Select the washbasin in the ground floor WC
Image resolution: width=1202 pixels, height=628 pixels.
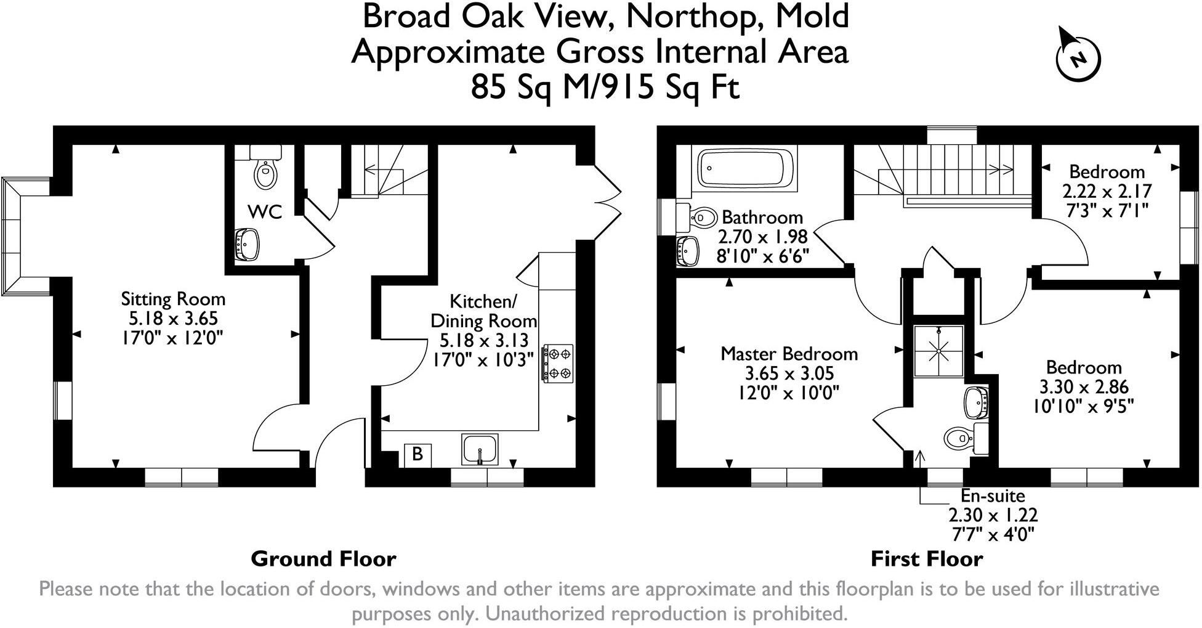[x=247, y=244]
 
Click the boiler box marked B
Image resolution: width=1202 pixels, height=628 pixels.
[x=417, y=455]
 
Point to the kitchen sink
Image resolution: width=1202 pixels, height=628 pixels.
[x=480, y=449]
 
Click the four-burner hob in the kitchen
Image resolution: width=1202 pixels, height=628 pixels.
[x=558, y=363]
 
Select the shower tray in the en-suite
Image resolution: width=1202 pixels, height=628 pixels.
[x=938, y=351]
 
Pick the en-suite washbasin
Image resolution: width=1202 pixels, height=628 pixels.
[x=977, y=401]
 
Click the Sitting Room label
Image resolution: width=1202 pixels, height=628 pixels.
[x=173, y=300]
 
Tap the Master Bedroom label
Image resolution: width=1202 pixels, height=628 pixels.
[x=789, y=354]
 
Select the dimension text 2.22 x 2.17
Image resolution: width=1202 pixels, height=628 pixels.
[x=1107, y=192]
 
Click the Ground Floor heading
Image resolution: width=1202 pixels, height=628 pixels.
[x=323, y=559]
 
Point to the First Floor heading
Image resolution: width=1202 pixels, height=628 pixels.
[x=926, y=559]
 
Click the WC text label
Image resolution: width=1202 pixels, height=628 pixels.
[x=265, y=212]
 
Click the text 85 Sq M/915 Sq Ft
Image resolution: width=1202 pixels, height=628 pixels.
[x=605, y=88]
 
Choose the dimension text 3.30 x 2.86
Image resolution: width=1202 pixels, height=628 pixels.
[x=1084, y=386]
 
